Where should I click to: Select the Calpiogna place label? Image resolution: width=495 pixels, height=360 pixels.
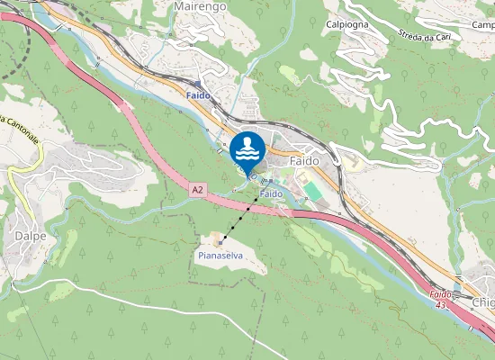[347, 24]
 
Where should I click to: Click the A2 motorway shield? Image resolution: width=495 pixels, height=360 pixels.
[198, 190]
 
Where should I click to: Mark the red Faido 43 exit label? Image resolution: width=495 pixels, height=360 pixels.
[439, 300]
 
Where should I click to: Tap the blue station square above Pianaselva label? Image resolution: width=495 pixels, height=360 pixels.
[220, 242]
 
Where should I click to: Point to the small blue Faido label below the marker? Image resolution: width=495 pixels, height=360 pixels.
[271, 193]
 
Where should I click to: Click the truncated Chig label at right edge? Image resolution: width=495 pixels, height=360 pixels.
[482, 302]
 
